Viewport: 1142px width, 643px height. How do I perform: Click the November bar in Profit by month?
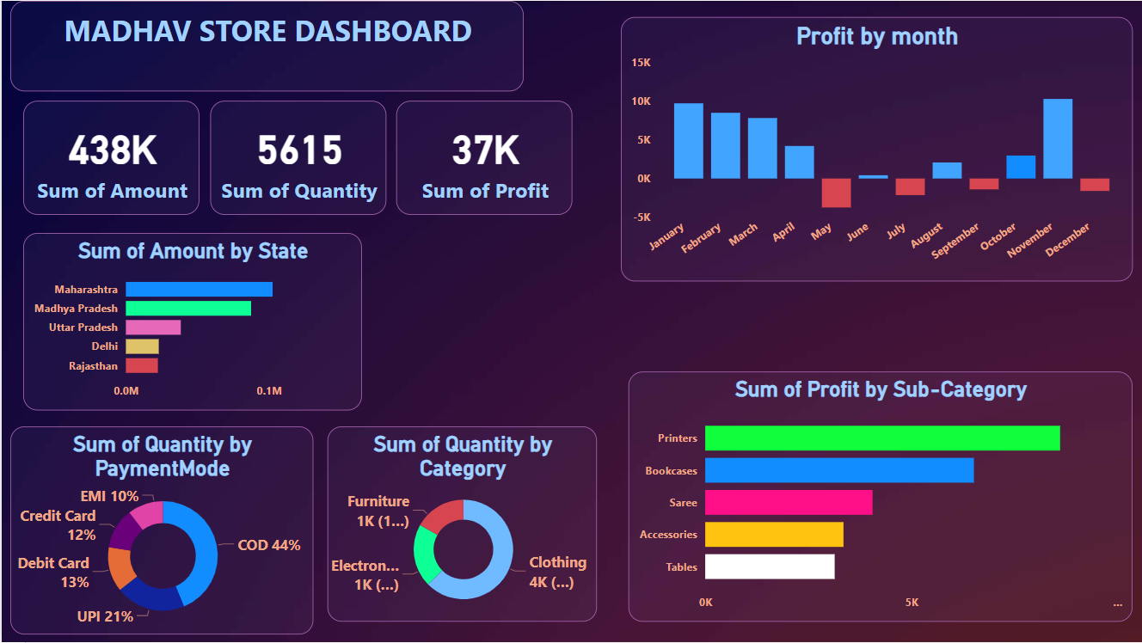[x=1058, y=138]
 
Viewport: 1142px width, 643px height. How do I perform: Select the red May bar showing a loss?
[x=837, y=193]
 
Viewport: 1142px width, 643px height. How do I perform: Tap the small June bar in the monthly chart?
[x=874, y=176]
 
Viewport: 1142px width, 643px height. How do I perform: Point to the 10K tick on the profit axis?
[x=641, y=101]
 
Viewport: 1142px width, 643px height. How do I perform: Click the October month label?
[x=998, y=237]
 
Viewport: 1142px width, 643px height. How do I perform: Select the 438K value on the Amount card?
[x=112, y=151]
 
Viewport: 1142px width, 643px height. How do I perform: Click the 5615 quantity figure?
[x=299, y=151]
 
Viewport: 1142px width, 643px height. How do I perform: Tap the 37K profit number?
[x=485, y=151]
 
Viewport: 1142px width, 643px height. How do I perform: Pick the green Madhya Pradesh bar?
[x=188, y=308]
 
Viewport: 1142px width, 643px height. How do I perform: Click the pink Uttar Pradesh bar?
[x=153, y=328]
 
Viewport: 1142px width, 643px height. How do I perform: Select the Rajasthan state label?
[x=94, y=366]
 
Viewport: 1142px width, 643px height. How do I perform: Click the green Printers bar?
[x=882, y=438]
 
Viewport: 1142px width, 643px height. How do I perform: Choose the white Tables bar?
[x=770, y=566]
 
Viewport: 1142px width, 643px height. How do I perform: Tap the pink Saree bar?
[x=789, y=502]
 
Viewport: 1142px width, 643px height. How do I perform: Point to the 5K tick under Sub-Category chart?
[x=912, y=603]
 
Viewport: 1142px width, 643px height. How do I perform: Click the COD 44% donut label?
[x=269, y=545]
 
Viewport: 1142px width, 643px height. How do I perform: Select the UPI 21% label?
[x=106, y=616]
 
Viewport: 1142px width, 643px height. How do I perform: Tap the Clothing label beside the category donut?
[x=557, y=562]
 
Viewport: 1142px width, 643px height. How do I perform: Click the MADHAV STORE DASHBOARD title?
[x=267, y=32]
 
